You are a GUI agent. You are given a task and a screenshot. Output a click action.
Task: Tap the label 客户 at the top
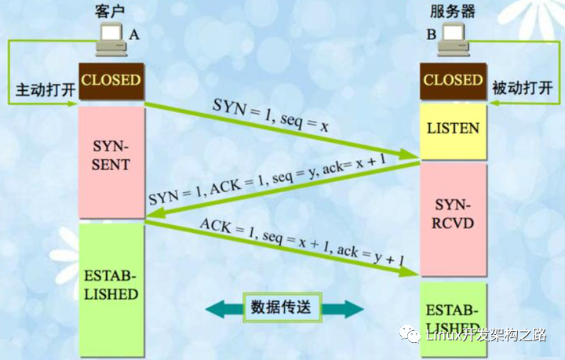(x=110, y=11)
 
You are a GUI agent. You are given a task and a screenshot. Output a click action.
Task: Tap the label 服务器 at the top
(x=454, y=11)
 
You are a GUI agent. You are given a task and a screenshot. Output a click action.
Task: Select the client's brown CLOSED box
(x=111, y=81)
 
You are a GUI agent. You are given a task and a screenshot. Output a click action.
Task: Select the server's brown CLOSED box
(x=453, y=81)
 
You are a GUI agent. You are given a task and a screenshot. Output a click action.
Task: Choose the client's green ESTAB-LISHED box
(x=111, y=285)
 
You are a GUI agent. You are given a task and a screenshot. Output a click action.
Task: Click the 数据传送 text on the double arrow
(x=282, y=307)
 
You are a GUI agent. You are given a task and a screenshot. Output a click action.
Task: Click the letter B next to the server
(x=431, y=35)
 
